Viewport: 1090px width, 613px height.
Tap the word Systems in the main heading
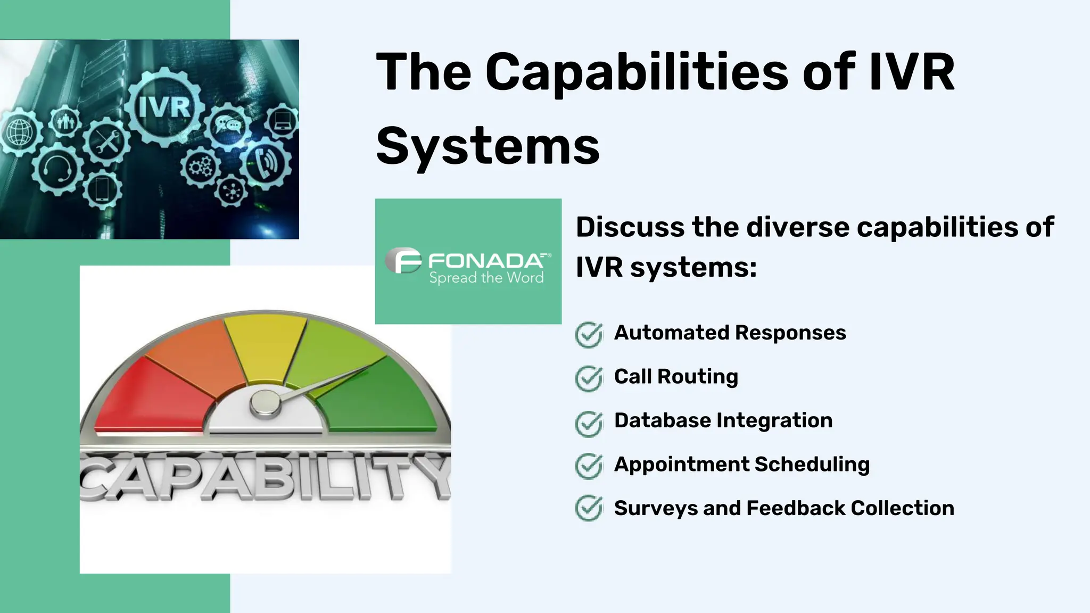(488, 146)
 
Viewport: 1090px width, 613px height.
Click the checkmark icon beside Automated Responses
(589, 335)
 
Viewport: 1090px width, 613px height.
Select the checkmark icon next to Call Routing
(589, 378)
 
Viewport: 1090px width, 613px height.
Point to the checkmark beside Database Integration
(589, 423)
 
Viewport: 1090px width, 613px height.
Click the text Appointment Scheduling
(741, 465)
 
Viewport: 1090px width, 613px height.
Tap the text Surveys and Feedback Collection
(783, 508)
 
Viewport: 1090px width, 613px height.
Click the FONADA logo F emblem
(403, 260)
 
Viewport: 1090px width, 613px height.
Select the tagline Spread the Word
(486, 278)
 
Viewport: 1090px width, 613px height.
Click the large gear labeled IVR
(164, 107)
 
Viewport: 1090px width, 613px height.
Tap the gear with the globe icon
(20, 132)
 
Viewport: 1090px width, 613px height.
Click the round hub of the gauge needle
(265, 403)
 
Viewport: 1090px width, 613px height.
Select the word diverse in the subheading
(797, 228)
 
